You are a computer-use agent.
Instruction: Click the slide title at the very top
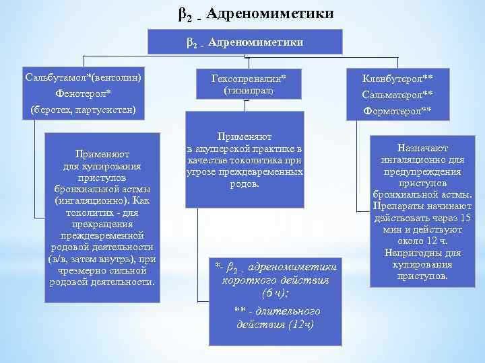coord(256,13)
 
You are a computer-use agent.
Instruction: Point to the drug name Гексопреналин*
coord(245,78)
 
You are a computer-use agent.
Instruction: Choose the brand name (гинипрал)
coord(245,90)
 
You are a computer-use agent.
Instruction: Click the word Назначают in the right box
coord(423,148)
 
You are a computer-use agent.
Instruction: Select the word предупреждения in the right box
coord(422,171)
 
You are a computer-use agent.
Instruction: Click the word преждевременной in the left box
coord(102,236)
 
